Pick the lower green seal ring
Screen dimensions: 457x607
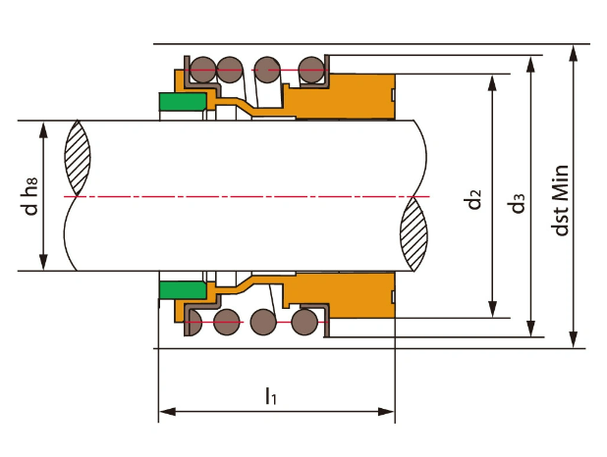(183, 289)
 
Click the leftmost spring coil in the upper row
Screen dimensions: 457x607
(203, 69)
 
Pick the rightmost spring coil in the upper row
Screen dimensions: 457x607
(311, 69)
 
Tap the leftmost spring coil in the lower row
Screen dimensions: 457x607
(227, 321)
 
